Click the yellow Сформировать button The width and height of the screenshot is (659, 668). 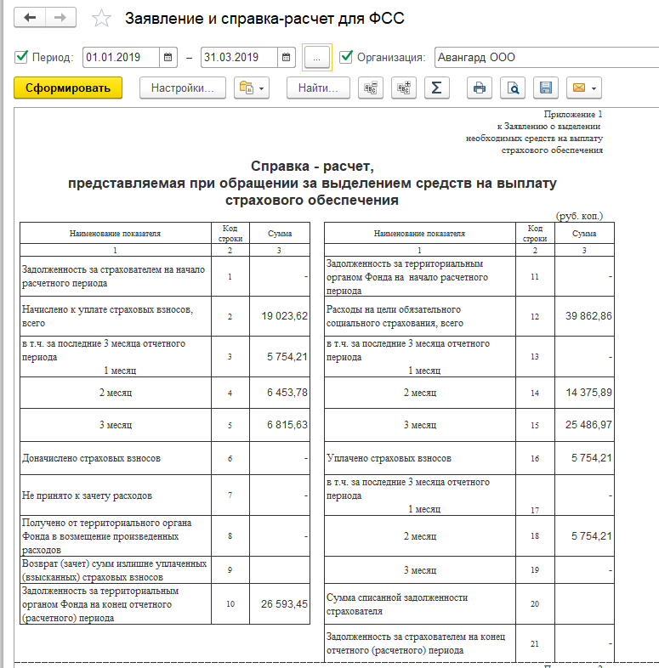[x=68, y=88]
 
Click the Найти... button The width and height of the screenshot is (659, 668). [x=318, y=88]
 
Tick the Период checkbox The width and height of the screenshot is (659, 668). [x=21, y=58]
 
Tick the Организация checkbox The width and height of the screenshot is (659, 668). [x=346, y=58]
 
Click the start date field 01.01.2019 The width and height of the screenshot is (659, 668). [x=122, y=58]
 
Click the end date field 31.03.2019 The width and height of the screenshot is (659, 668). [x=239, y=58]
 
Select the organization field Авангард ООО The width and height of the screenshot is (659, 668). [x=544, y=58]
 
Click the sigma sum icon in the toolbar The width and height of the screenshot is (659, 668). [x=436, y=88]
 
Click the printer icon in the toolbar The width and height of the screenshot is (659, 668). [x=480, y=88]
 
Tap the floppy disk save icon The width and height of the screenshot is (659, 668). [x=546, y=88]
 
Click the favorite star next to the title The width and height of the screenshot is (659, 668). [x=102, y=18]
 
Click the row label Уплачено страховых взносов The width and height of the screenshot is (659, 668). [x=389, y=458]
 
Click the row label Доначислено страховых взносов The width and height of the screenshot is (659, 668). [x=92, y=458]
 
